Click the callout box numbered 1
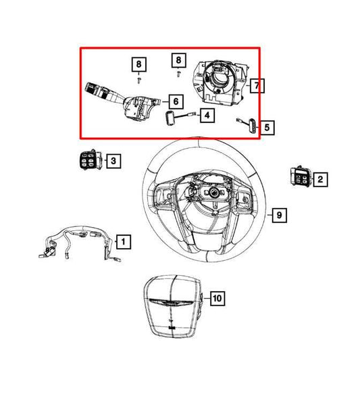tap(124, 240)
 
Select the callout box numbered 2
tap(319, 179)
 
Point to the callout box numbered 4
tap(206, 116)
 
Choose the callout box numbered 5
tap(267, 126)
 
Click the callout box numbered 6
tap(176, 101)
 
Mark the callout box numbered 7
tap(256, 86)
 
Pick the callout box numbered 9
tap(277, 216)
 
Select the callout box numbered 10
tap(216, 297)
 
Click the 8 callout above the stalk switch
tap(138, 64)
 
